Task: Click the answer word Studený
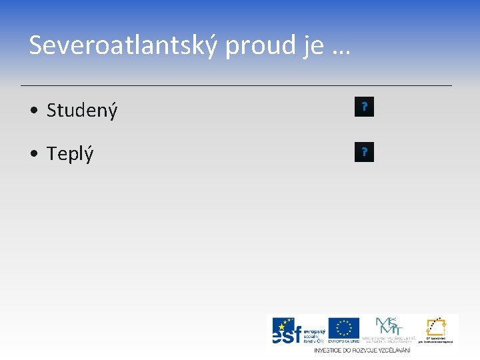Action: tap(82, 110)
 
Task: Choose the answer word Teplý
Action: tap(70, 154)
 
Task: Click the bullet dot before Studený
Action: tap(33, 111)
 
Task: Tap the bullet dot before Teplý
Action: tap(33, 154)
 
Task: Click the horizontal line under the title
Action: tap(236, 86)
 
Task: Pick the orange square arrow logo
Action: tap(437, 327)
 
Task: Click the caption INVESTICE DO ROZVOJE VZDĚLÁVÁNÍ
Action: tap(362, 350)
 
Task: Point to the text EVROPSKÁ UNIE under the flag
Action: tap(343, 341)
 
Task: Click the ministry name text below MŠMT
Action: tap(388, 340)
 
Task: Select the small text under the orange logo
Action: tap(437, 341)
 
